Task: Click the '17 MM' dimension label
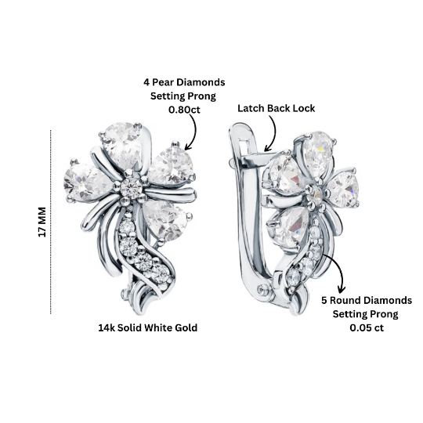tap(42, 222)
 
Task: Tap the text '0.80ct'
tap(184, 110)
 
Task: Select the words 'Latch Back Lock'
tap(276, 108)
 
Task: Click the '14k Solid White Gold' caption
tap(147, 327)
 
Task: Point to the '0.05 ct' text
tap(367, 327)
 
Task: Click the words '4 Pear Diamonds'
tap(184, 82)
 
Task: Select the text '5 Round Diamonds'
tap(367, 300)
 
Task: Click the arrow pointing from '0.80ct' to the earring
tap(193, 132)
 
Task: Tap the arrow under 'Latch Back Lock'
tap(273, 132)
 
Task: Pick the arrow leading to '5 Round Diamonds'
tap(339, 267)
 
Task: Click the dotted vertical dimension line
tap(50, 222)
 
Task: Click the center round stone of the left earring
tap(131, 187)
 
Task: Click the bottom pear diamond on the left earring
tap(164, 220)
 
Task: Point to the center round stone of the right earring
tap(316, 195)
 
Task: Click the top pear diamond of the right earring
tap(318, 153)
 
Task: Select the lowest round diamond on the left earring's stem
tap(161, 274)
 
